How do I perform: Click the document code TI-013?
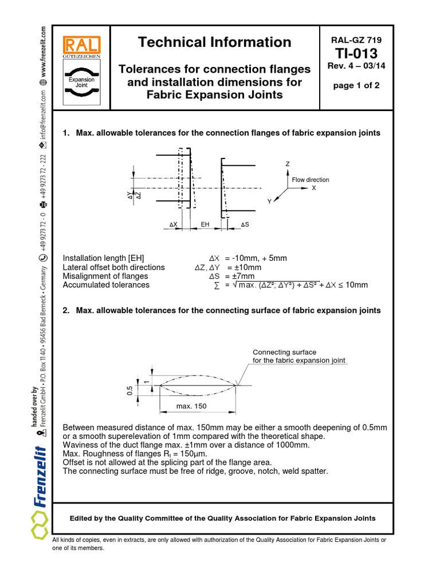[356, 54]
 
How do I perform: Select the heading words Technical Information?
[215, 42]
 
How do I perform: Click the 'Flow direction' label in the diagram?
[311, 180]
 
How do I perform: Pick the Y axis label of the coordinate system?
[269, 202]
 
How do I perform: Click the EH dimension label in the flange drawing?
[205, 224]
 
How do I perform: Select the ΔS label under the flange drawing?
[245, 224]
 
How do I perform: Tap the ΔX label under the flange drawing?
[174, 224]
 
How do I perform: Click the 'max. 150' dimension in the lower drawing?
[192, 406]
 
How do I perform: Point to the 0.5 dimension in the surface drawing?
[129, 391]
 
